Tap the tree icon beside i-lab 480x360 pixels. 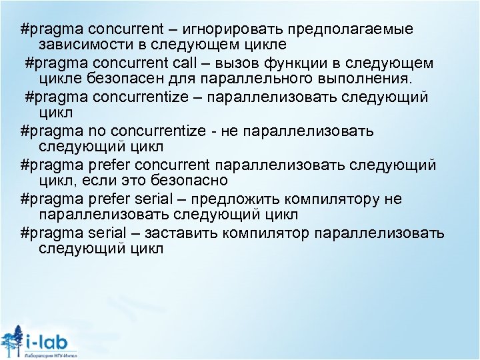(x=12, y=340)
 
